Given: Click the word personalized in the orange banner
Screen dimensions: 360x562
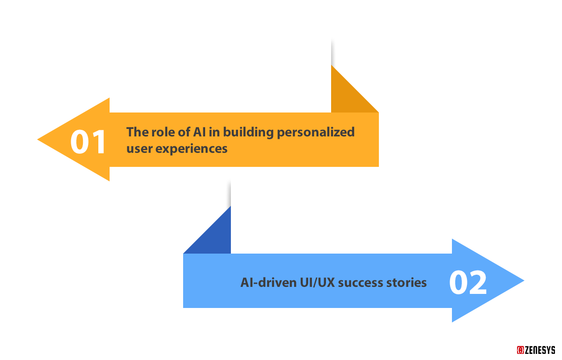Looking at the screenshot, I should click(316, 132).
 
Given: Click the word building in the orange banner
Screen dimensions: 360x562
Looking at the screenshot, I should click(248, 132).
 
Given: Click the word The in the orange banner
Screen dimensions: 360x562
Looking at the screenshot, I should click(137, 132).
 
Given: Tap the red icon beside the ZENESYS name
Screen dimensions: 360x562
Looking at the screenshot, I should click(520, 350).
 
